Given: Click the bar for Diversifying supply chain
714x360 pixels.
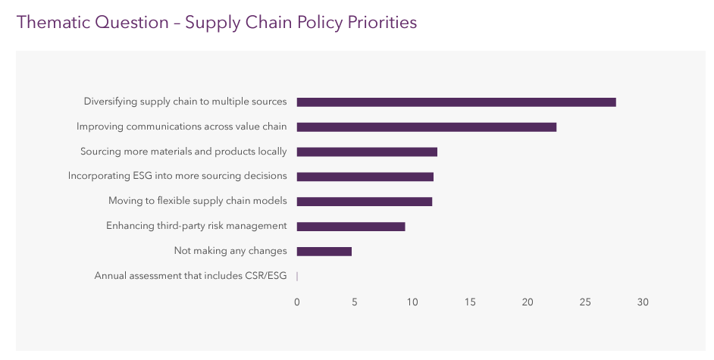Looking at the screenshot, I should [x=456, y=102].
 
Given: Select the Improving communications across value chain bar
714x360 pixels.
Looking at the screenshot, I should [x=426, y=127].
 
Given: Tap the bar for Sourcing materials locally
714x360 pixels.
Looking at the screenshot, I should [x=367, y=152].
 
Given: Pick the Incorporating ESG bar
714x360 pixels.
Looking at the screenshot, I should [x=365, y=177].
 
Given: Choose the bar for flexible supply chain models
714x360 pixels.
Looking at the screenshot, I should [x=364, y=202].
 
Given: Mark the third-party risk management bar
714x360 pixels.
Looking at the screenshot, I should [x=350, y=227].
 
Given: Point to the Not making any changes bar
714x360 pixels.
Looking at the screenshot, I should [x=324, y=252].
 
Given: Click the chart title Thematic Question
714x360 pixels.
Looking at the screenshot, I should [x=92, y=22].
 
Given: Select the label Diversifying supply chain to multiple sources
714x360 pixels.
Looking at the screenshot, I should [x=185, y=102].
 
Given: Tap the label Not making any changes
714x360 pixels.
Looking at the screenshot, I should [x=230, y=251].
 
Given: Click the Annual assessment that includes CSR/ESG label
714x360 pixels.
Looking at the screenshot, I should [x=190, y=276].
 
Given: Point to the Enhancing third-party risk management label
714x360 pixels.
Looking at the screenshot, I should [x=196, y=226].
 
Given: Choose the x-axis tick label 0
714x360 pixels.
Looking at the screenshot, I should [x=297, y=302].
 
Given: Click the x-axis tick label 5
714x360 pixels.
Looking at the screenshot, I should [x=355, y=302].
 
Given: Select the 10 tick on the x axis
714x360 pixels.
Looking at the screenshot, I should [x=412, y=302].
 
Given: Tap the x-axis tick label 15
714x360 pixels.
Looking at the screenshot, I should [x=470, y=302].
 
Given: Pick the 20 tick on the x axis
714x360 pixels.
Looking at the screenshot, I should [x=528, y=302].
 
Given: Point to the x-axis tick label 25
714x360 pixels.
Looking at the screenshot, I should [x=585, y=302].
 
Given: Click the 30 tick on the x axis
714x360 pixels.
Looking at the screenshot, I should [x=643, y=302].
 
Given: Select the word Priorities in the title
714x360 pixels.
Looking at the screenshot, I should [x=382, y=22].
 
